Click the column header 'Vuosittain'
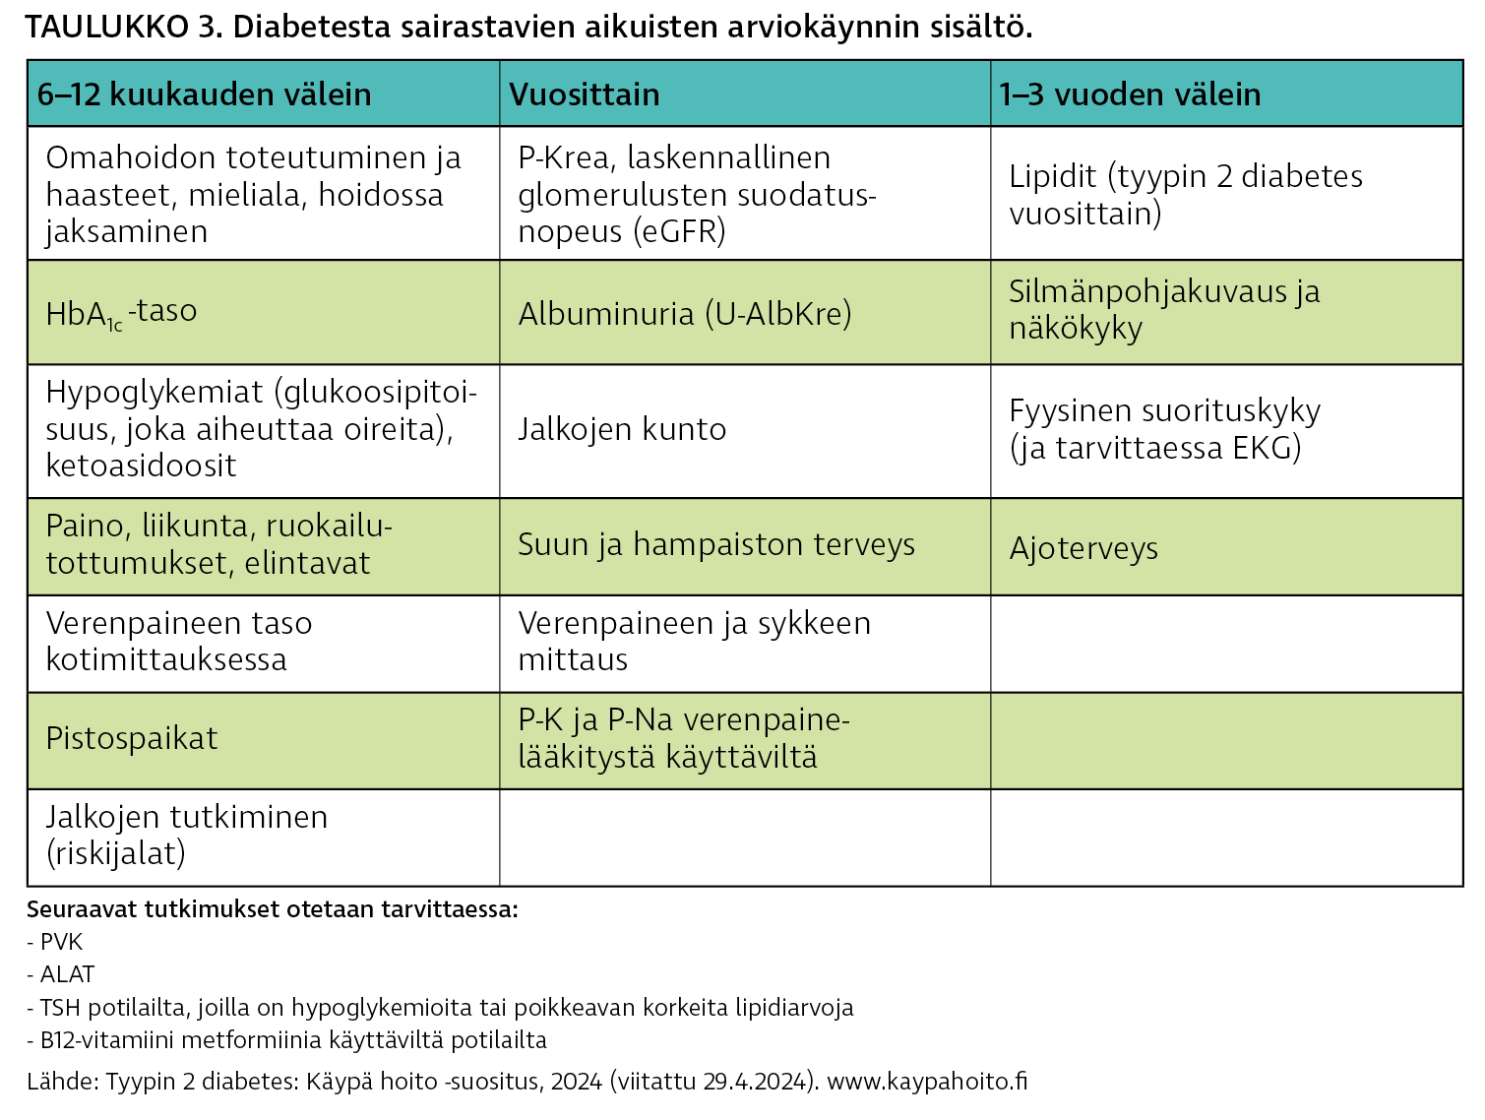coord(584,94)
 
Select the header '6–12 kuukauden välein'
coord(204,94)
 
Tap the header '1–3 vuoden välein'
coord(1129,94)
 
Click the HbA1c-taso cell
coord(121,313)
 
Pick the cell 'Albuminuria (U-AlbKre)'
coord(685,314)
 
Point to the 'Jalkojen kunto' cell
coord(622,429)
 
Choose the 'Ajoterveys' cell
coord(1083,548)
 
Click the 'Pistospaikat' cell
coord(132,739)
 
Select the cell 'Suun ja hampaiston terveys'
coord(716,544)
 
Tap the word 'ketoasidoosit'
coord(141,466)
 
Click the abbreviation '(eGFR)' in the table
coord(679,232)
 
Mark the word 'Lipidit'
coord(1052,177)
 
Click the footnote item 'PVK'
coord(61,942)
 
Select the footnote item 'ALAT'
coord(67,974)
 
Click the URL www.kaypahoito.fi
coord(927,1082)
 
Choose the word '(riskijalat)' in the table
coord(116,853)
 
